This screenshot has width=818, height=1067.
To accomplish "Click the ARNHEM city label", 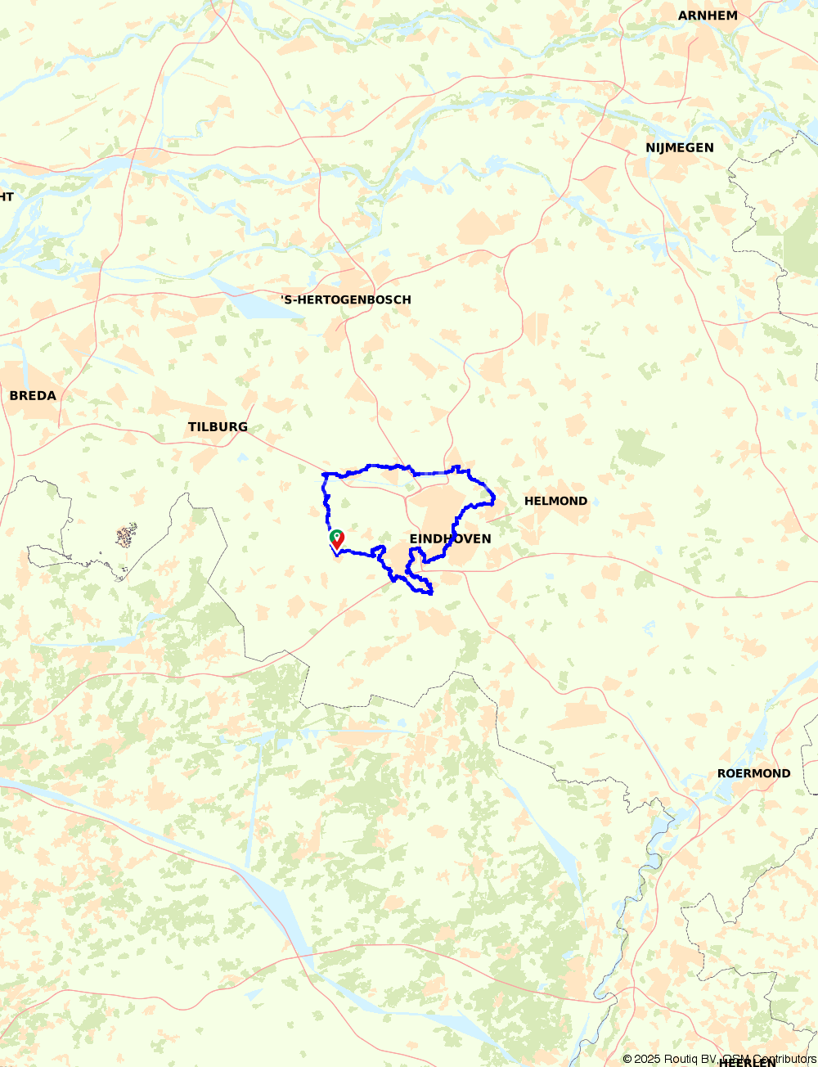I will [708, 16].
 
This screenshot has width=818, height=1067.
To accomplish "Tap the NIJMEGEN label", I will [679, 148].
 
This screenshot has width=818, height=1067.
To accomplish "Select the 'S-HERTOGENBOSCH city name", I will [346, 300].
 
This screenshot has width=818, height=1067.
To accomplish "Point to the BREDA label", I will [33, 396].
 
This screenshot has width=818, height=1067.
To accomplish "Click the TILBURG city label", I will [218, 427].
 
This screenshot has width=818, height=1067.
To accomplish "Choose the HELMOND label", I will [555, 501].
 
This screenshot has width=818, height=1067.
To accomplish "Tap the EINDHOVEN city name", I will [450, 538].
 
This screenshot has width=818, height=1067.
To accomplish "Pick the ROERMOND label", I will [753, 773].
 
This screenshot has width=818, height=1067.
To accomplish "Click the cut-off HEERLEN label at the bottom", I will [747, 1062].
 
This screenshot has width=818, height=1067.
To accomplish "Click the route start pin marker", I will [336, 539].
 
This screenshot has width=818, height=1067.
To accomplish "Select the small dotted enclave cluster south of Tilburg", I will [125, 537].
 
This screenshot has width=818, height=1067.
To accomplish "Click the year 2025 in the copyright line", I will [648, 1060].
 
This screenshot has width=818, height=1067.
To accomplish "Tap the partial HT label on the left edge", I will [6, 196].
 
